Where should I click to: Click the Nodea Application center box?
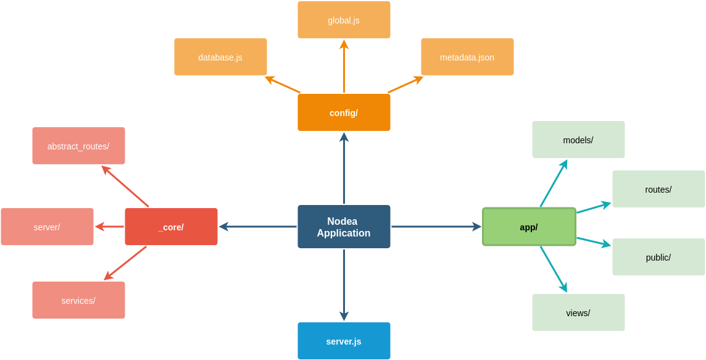(x=344, y=227)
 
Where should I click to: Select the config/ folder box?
(x=344, y=112)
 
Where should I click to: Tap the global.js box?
(x=344, y=20)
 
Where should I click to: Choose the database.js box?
(x=220, y=57)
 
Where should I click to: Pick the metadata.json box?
(x=467, y=57)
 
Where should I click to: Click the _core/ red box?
(x=171, y=227)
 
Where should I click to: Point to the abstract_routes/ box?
(x=78, y=146)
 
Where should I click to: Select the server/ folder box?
(x=47, y=227)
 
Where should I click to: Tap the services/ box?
(x=78, y=300)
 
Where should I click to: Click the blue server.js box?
(x=344, y=341)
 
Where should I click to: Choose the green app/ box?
(x=529, y=227)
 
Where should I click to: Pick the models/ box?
(x=578, y=140)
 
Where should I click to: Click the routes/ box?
(x=658, y=189)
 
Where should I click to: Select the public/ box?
(x=658, y=257)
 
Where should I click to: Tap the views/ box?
(x=578, y=312)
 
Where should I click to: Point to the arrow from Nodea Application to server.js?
(x=344, y=284)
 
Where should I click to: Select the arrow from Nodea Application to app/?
(x=436, y=227)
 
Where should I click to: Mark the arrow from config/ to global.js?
(x=344, y=67)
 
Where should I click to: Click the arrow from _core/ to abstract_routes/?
(x=125, y=186)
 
